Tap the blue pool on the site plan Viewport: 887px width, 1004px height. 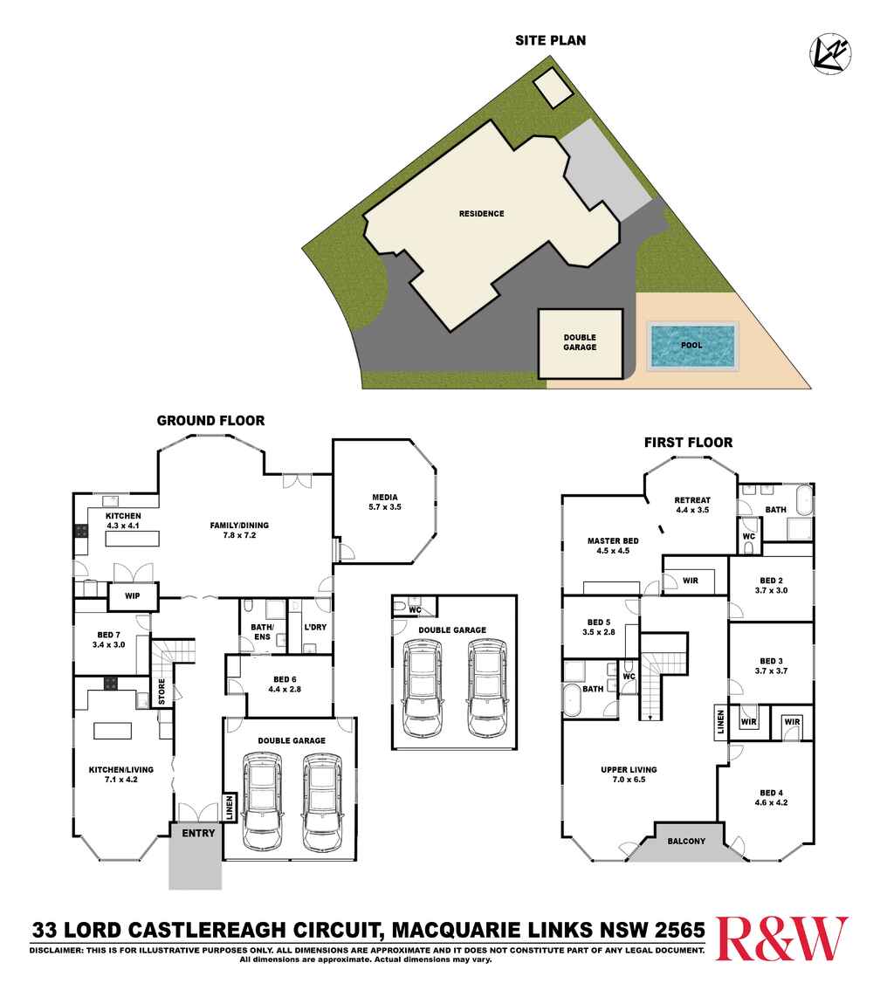[x=691, y=345]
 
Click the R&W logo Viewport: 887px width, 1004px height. [x=781, y=939]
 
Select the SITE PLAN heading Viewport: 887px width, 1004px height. [x=550, y=40]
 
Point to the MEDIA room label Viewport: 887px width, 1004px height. [x=384, y=496]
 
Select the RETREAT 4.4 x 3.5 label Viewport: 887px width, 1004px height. [x=692, y=505]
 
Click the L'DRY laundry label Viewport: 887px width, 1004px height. [x=314, y=628]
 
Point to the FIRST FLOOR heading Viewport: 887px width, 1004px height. [x=688, y=443]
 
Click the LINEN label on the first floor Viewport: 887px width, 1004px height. [x=720, y=723]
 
